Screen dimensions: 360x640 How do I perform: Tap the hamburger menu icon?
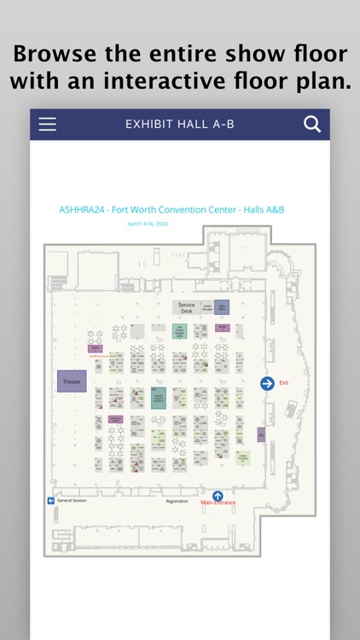tap(48, 125)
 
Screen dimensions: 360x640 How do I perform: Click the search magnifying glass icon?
tap(312, 125)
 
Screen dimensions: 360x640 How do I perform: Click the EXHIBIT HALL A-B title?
tap(180, 125)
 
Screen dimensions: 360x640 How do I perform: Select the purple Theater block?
tap(72, 381)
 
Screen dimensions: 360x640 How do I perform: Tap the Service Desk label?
tap(186, 307)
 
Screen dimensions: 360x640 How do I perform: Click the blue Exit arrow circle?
tap(267, 383)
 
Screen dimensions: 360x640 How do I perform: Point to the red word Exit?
tap(284, 382)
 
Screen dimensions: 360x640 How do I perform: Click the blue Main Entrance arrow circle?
tap(218, 495)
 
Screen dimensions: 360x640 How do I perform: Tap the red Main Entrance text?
tap(218, 503)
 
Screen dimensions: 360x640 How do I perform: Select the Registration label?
tap(177, 501)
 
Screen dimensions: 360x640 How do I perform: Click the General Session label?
tap(72, 500)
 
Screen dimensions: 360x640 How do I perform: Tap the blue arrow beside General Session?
tap(50, 501)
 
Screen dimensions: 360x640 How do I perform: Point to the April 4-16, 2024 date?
tap(148, 224)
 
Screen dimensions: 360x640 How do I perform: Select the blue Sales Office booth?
tap(222, 306)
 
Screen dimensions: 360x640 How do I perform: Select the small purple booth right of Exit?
tap(261, 434)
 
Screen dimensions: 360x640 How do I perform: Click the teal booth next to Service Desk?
tap(180, 332)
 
